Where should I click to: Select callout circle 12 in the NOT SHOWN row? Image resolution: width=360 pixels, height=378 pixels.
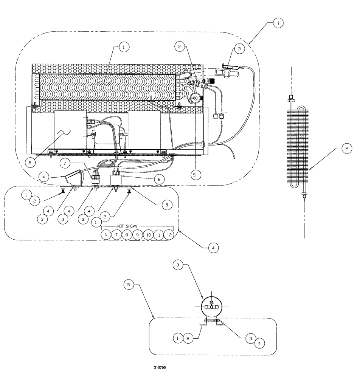[x=169, y=235]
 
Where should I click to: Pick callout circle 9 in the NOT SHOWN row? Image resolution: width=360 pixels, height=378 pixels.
[x=138, y=235]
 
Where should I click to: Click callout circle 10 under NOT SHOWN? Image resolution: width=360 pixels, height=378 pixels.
[x=148, y=235]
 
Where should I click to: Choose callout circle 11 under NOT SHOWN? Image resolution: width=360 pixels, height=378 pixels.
[x=159, y=235]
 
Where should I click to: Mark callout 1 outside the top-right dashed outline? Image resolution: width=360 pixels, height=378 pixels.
[x=278, y=23]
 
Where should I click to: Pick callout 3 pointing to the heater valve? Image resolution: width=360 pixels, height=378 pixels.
[x=238, y=48]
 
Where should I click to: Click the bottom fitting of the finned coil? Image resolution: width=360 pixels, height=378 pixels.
[x=303, y=195]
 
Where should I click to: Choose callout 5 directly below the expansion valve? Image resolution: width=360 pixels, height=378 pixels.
[x=194, y=175]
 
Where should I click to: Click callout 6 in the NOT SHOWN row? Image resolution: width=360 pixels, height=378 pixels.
[x=106, y=235]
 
